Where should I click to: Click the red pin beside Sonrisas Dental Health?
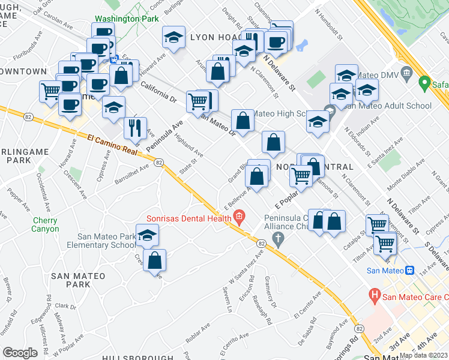(239, 217)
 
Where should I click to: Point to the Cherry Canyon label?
(46, 224)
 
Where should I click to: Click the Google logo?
(20, 353)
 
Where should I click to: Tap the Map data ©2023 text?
(423, 355)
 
